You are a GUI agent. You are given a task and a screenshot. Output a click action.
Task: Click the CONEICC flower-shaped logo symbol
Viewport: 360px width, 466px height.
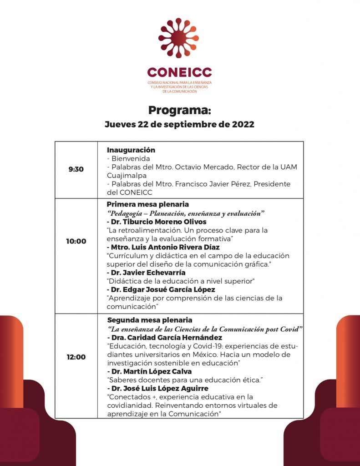click(x=178, y=38)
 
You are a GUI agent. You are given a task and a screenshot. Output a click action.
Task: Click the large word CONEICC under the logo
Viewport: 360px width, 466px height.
click(x=179, y=73)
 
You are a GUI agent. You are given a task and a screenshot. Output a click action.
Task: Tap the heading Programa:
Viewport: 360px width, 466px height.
click(x=180, y=111)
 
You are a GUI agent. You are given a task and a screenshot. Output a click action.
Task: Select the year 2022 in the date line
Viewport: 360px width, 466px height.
click(x=243, y=124)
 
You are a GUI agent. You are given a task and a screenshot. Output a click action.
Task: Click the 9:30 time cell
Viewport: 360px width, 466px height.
click(x=76, y=169)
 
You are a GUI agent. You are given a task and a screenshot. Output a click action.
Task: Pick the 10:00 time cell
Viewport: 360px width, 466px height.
click(x=76, y=241)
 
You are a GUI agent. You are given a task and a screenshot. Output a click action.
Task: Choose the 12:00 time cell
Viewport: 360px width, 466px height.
click(x=76, y=357)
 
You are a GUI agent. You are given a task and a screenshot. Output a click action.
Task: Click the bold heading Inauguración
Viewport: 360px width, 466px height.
click(x=131, y=150)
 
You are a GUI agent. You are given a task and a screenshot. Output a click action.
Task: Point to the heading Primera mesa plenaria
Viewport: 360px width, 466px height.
click(x=147, y=204)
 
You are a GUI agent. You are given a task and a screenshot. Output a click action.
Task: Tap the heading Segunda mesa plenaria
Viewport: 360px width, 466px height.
click(x=150, y=320)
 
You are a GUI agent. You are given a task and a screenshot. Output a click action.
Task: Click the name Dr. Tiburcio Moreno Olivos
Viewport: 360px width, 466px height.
click(x=157, y=222)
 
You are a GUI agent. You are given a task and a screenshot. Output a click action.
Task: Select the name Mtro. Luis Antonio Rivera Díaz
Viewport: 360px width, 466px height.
click(x=163, y=247)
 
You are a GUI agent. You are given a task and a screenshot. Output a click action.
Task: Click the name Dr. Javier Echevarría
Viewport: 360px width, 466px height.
click(x=146, y=273)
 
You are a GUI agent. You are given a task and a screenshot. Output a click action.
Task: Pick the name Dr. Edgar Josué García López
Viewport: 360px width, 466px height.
click(x=161, y=289)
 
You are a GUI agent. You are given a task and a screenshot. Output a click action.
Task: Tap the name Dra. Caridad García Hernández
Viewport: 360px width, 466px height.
click(x=164, y=338)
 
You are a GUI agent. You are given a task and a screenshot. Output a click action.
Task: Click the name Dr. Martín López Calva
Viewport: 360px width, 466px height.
click(x=149, y=371)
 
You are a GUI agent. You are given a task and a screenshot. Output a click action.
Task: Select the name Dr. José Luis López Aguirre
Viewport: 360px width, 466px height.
click(x=157, y=388)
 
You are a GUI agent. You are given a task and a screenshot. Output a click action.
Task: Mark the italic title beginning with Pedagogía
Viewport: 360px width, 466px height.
click(x=186, y=213)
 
